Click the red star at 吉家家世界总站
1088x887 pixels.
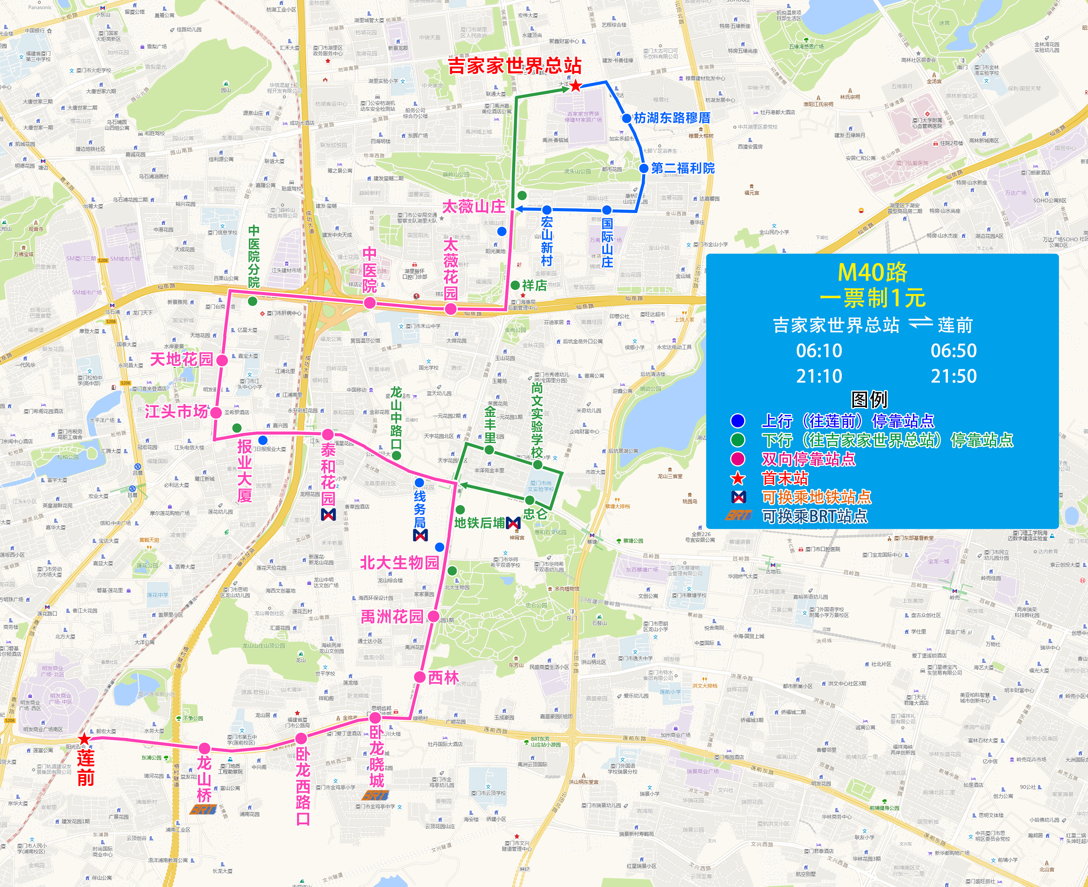click(x=576, y=86)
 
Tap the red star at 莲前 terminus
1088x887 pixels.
click(x=84, y=739)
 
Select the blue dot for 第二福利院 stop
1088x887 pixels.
click(x=644, y=168)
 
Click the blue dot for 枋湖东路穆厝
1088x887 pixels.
click(x=626, y=118)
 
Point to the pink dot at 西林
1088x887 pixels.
click(x=420, y=677)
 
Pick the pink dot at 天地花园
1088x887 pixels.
click(x=222, y=360)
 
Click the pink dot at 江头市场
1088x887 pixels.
click(x=216, y=412)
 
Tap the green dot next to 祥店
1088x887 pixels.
click(x=515, y=285)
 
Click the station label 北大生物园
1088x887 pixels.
click(x=399, y=562)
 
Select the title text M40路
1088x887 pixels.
click(x=872, y=272)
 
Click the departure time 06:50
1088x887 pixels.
click(x=953, y=351)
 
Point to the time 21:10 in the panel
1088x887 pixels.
click(x=819, y=376)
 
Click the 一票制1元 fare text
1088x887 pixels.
click(x=872, y=298)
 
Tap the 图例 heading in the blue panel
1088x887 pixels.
click(x=869, y=399)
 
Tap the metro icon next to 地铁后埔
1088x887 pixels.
click(x=513, y=523)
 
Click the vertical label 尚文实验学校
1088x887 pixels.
click(x=536, y=420)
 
